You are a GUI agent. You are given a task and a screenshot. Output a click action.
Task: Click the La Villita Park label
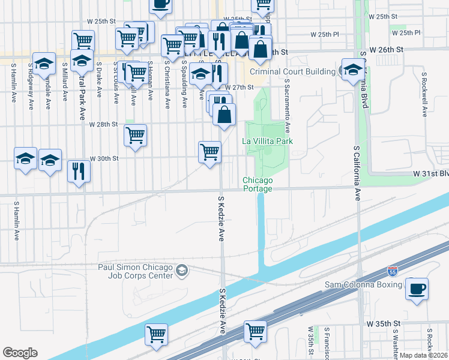coord(267,141)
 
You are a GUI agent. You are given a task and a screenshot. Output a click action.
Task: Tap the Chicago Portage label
coord(258,184)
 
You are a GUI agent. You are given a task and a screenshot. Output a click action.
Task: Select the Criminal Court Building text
coord(292,72)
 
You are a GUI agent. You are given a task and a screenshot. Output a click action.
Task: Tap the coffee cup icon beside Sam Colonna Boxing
coord(417,289)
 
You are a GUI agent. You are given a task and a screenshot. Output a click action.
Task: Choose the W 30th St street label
coord(104,158)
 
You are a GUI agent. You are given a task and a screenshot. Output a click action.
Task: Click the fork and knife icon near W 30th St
coord(79,170)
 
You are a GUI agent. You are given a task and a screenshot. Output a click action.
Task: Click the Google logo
coord(20,352)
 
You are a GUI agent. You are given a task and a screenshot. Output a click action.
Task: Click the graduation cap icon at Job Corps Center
coord(181,272)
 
